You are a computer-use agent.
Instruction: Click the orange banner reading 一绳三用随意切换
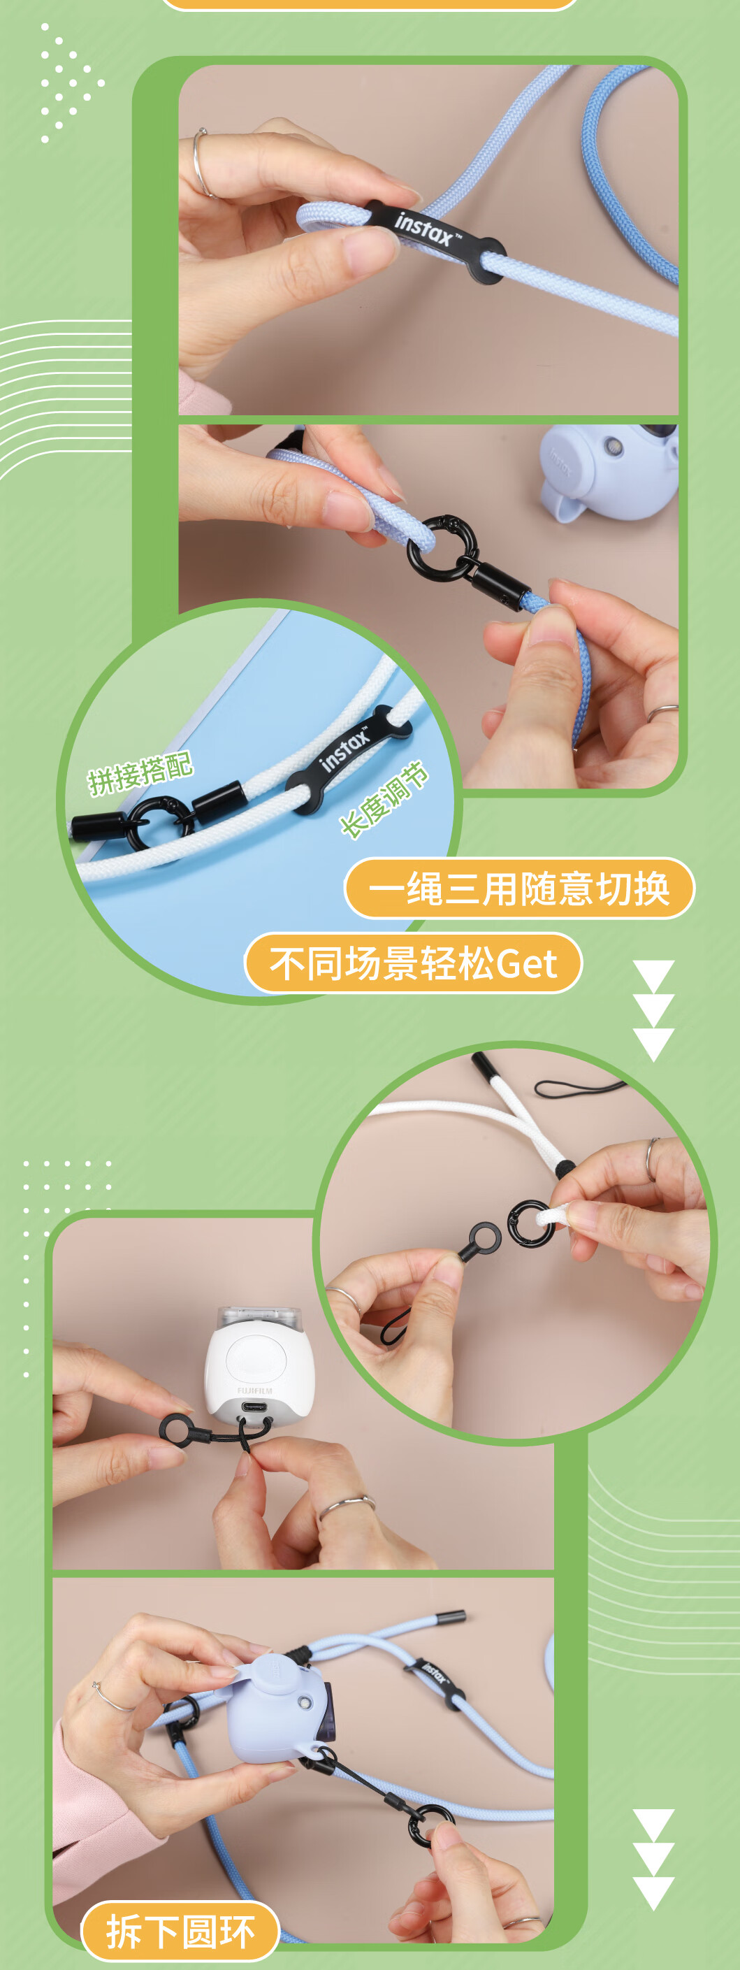519,888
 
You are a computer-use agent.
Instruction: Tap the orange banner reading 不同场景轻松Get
413,963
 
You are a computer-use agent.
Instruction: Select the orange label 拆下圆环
180,1931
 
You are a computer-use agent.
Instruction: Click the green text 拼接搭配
140,773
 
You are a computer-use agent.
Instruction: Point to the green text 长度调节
384,799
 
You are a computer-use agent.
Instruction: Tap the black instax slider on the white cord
348,756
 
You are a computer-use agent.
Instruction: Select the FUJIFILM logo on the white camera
254,1390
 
